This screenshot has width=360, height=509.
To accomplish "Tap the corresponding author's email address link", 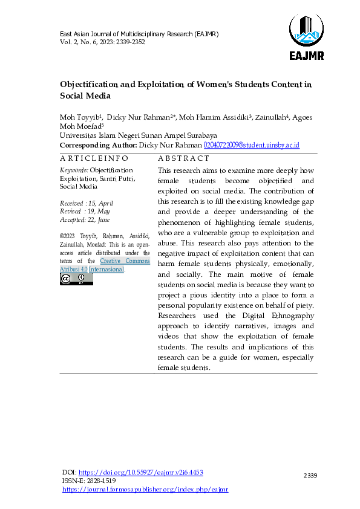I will click(252, 146).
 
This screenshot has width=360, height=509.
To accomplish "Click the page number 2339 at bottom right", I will click(310, 476).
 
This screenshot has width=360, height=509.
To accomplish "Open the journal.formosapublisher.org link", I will click(145, 489).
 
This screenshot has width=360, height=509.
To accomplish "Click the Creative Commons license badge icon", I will click(76, 279).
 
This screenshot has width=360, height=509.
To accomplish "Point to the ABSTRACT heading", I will click(180, 158).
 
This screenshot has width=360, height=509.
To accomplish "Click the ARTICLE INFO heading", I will click(94, 158).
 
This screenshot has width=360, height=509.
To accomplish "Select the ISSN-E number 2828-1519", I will click(103, 481).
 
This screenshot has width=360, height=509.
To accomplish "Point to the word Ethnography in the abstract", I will click(287, 315).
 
